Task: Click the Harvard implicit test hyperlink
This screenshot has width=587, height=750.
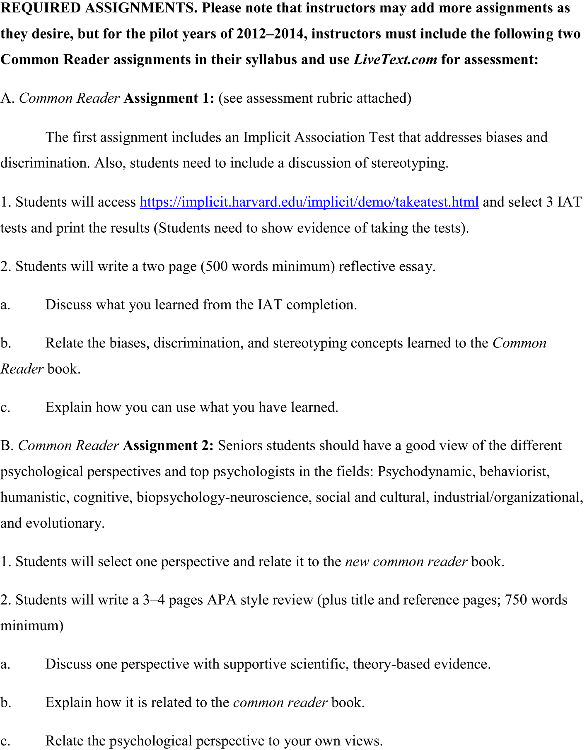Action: [x=309, y=202]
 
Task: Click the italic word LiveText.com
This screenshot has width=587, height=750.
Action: [x=395, y=60]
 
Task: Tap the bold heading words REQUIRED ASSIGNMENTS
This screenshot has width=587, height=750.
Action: [x=99, y=8]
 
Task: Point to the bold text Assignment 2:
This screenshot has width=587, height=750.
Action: [x=168, y=446]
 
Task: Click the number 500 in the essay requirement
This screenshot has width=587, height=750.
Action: [x=216, y=266]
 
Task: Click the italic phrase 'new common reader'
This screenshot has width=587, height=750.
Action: [x=406, y=562]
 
